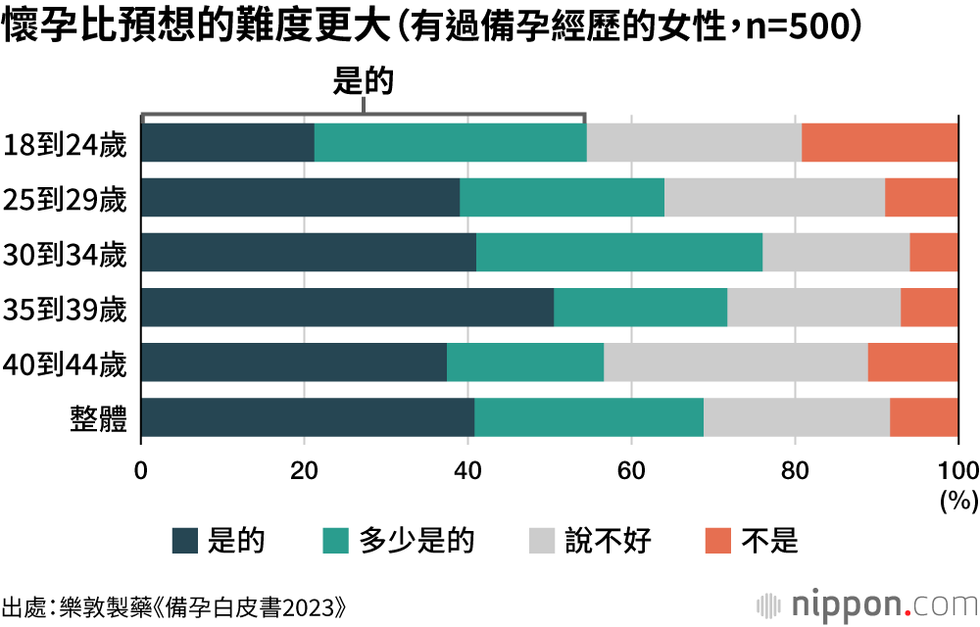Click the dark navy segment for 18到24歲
[227, 143]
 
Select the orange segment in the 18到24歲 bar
[879, 143]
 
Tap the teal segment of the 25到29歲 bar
[562, 198]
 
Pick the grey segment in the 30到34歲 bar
[835, 253]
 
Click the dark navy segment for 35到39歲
[347, 308]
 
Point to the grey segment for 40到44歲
[735, 362]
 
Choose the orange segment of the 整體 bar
[923, 417]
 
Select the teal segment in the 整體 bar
[588, 417]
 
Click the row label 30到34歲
[66, 255]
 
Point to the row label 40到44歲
[66, 364]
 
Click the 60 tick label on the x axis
[631, 466]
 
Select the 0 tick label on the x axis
[142, 466]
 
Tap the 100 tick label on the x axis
[957, 466]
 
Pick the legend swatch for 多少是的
[335, 541]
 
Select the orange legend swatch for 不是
[718, 541]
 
